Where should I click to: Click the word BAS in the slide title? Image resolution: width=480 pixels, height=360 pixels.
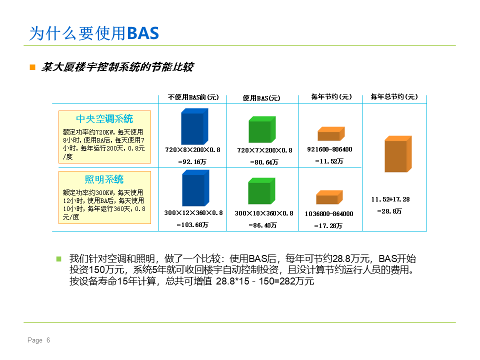(x=143, y=33)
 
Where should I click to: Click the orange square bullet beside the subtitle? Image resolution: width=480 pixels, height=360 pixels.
(x=32, y=67)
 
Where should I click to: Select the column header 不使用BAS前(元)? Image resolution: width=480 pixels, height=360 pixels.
(x=193, y=97)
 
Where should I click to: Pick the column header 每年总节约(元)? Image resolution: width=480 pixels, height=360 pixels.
(x=394, y=96)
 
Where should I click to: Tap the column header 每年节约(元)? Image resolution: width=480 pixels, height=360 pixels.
(x=331, y=96)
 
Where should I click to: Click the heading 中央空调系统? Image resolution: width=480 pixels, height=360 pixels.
(x=104, y=119)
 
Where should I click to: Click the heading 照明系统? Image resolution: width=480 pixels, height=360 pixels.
(x=104, y=179)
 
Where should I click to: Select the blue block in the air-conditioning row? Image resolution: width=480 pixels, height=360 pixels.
(x=194, y=126)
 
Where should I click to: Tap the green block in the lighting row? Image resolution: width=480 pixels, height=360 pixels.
(x=261, y=190)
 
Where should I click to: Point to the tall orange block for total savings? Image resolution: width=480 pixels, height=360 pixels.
(x=398, y=154)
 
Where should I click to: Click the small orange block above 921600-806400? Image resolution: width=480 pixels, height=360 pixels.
(x=331, y=134)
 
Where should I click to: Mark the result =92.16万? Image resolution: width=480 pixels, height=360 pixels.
(x=192, y=161)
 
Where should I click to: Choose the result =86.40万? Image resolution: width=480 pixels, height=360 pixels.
(x=262, y=225)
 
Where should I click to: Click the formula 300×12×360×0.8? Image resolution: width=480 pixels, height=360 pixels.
(x=193, y=213)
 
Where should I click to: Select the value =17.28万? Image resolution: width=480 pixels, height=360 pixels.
(x=328, y=225)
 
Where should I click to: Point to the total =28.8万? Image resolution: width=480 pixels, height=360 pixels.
(x=389, y=211)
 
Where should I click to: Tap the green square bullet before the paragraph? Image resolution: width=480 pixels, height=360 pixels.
(x=59, y=259)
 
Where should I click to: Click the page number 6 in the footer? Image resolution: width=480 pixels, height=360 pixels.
(x=48, y=340)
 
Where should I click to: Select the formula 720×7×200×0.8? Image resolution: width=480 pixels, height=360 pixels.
(x=265, y=150)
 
